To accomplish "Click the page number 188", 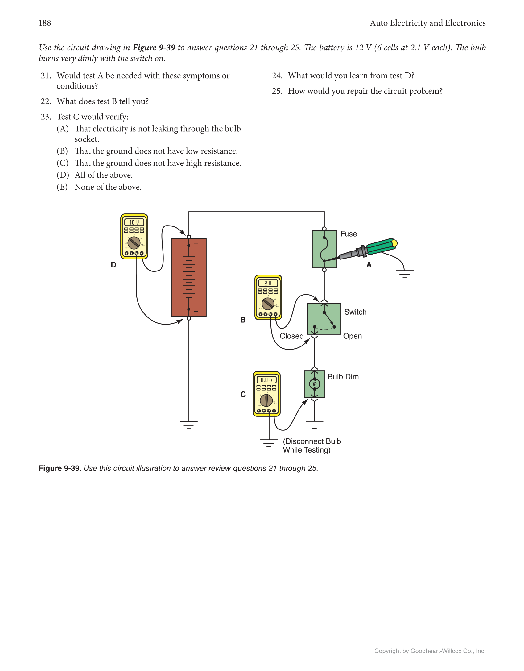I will coord(45,23).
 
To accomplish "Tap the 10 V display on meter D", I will coord(134,222).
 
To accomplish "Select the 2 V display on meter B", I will coord(268,283).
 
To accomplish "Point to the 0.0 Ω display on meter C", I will coord(266,380).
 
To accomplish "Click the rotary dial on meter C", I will coord(266,400).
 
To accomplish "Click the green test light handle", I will coord(381,246).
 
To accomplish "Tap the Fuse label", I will coord(349,234).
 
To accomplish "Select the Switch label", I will coord(355,312).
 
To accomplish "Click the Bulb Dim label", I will coord(343,377).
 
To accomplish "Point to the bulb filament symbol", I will coord(315,384).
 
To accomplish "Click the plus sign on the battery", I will coord(196,243).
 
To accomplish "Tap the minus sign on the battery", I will coord(196,312).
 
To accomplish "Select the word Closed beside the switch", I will coord(291,336).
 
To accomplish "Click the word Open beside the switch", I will coord(352,336).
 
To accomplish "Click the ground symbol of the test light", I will coord(405,274).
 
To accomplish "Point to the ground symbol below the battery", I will coord(189,425).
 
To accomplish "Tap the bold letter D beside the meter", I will coord(113,265).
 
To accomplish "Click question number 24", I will coord(277,76).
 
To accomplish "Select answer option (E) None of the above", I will coord(99,187).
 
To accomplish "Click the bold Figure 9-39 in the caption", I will coord(60,468).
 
